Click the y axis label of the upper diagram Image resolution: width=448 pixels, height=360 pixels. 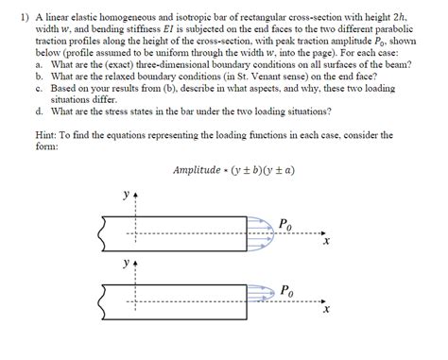point(126,197)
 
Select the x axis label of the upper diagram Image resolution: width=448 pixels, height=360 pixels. point(325,243)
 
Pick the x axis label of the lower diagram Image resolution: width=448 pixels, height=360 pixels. point(325,309)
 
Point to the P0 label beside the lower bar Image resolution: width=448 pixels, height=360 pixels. point(286,288)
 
